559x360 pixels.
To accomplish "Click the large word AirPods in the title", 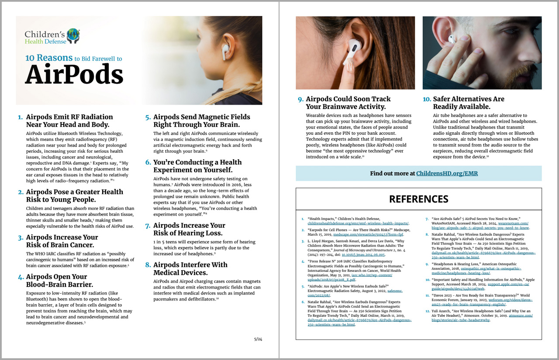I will point(74,75).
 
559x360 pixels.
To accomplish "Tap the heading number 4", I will point(21,277).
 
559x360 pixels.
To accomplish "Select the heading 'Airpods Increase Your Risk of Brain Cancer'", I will point(62,241).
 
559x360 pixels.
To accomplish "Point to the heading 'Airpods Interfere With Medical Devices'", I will point(190,268).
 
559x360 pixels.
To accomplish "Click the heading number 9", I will point(300,99).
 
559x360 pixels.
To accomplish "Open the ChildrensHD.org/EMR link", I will point(447,173).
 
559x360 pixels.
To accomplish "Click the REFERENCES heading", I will point(418,199).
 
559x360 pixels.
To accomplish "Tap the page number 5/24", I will point(258,339).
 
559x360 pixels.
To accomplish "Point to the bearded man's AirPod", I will point(452,38).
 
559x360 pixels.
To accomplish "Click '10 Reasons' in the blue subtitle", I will point(48,58).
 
